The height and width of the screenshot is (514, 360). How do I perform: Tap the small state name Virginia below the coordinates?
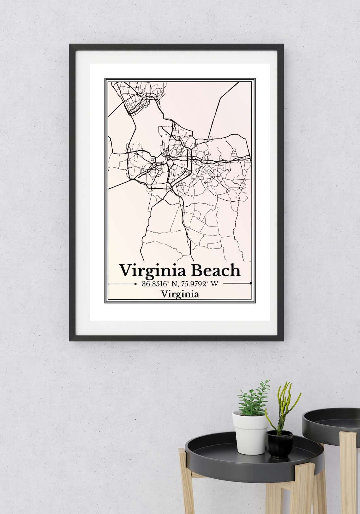(x=180, y=294)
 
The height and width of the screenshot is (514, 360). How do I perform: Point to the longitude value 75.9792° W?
(x=200, y=284)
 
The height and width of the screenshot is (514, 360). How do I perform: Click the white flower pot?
(x=249, y=427)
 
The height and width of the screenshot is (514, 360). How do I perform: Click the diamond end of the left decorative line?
(x=135, y=284)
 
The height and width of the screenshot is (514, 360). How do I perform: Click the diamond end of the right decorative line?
(x=250, y=284)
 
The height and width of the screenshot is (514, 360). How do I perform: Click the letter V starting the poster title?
(x=125, y=270)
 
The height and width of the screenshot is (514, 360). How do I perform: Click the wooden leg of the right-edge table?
(x=347, y=473)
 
